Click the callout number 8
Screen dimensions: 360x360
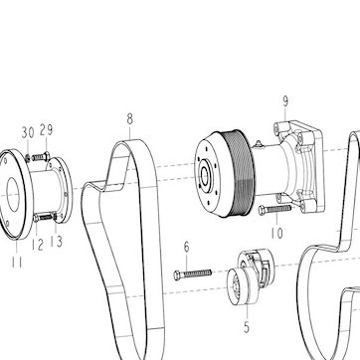click(130, 119)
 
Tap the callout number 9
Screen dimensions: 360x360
click(285, 101)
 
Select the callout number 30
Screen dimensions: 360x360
click(28, 132)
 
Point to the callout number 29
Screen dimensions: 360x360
click(47, 130)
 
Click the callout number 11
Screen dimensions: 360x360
click(17, 263)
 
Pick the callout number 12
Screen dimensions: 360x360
click(38, 245)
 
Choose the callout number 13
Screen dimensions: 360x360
click(57, 242)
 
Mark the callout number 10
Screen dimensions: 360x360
click(276, 233)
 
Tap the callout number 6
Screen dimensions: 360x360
click(187, 247)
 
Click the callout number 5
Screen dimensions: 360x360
click(247, 327)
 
